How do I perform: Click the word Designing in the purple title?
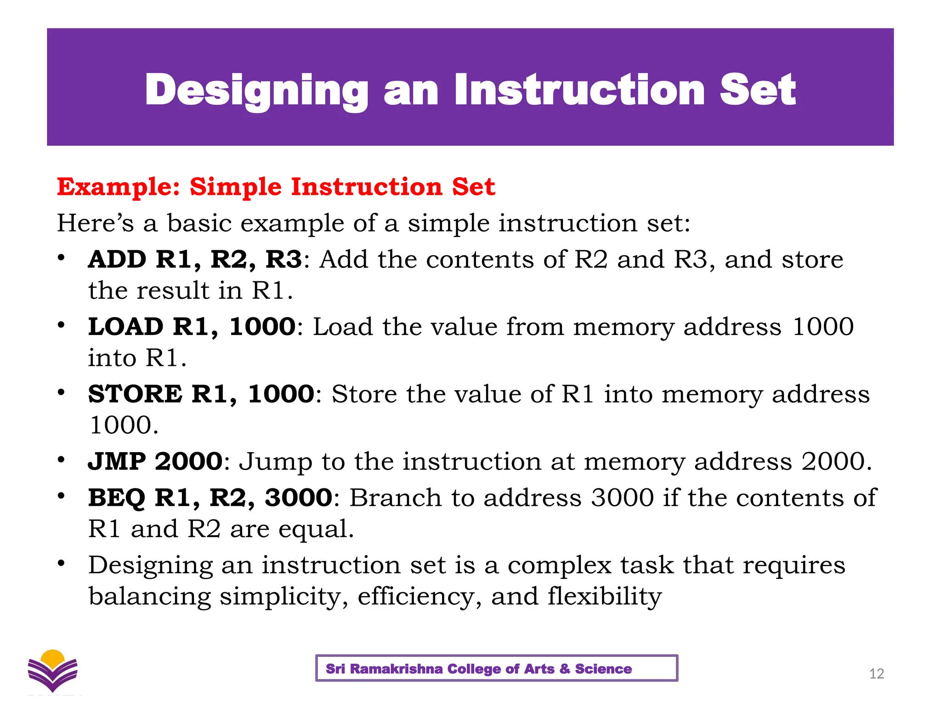coord(256,90)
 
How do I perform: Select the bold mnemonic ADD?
coord(117,259)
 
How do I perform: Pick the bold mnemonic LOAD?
coord(126,327)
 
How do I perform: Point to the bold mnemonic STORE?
coord(136,394)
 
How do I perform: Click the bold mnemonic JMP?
coord(117,461)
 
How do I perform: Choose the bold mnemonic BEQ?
coord(117,498)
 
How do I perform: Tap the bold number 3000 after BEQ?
coord(299,498)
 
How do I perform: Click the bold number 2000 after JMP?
coord(189,461)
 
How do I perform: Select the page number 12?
coord(877,674)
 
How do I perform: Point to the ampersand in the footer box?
coord(564,669)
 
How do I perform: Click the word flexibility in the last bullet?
coord(604,597)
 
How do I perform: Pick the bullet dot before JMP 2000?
coord(61,459)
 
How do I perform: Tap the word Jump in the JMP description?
coord(276,462)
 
